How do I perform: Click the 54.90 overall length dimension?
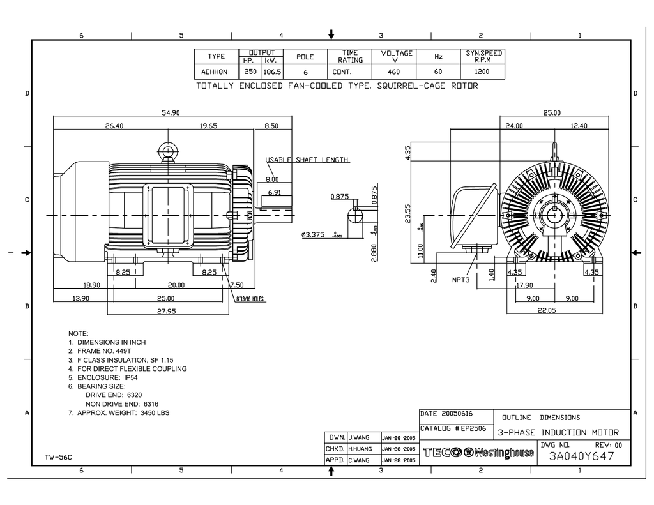[171, 112]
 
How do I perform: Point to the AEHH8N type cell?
[216, 72]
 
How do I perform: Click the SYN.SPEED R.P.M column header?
[483, 56]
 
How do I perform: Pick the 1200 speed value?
[483, 72]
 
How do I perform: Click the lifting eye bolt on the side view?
[167, 152]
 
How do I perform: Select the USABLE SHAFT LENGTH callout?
[307, 160]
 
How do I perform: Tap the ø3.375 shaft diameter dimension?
[313, 235]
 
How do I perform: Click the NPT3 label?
[461, 280]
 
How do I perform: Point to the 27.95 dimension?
[168, 311]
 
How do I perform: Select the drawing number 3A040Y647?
[581, 456]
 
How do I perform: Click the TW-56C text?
[58, 456]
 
